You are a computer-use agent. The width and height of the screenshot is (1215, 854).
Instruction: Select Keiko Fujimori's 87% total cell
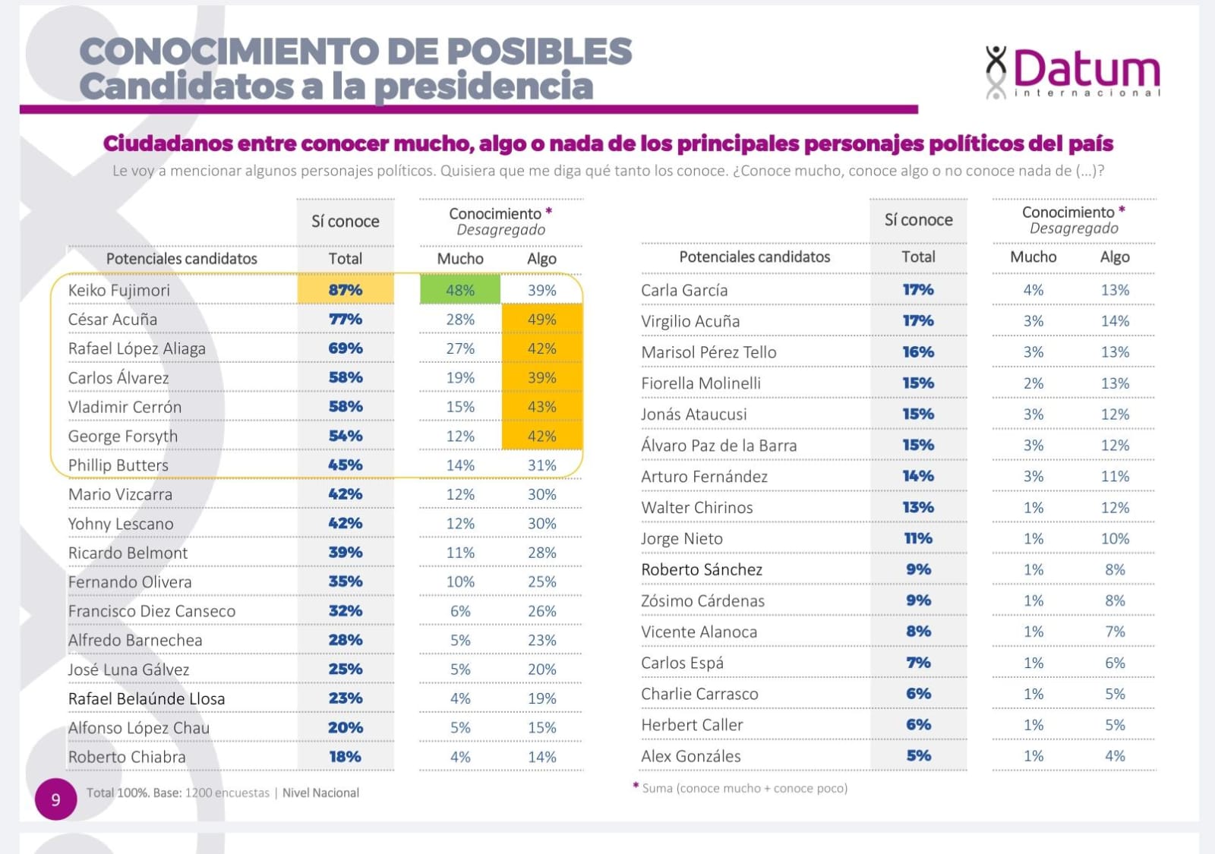click(346, 290)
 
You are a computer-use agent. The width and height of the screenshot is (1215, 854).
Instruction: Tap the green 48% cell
click(460, 290)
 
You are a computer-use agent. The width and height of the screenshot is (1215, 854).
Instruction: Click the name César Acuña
click(112, 320)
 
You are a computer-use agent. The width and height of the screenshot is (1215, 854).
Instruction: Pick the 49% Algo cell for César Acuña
click(542, 320)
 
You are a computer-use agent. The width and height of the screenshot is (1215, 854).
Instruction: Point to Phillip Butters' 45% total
click(346, 465)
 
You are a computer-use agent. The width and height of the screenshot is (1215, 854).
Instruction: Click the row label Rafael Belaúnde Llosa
click(147, 698)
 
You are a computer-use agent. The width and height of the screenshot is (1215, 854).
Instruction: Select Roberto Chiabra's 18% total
click(346, 757)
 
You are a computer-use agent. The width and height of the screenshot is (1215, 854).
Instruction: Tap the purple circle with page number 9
click(55, 799)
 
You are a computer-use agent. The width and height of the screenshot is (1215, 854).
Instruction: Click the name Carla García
click(684, 290)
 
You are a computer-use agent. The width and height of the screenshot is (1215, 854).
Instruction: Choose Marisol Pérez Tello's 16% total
click(918, 352)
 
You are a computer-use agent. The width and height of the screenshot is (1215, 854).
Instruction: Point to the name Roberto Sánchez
click(702, 569)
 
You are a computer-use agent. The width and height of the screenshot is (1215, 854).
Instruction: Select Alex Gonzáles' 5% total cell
click(918, 756)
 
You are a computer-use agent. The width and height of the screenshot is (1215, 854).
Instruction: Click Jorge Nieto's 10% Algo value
click(1115, 539)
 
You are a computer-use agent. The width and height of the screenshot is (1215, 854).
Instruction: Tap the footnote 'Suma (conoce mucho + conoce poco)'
click(744, 788)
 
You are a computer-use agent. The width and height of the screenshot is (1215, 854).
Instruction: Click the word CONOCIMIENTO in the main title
click(229, 52)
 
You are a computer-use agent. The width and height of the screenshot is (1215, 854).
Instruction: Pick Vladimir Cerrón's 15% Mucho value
click(460, 407)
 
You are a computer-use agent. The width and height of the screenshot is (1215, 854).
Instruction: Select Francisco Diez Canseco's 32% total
click(346, 611)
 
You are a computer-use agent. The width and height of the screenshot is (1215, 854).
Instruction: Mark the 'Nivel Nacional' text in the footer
click(320, 793)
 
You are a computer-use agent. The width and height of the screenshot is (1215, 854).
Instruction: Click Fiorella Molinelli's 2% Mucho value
click(1033, 383)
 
